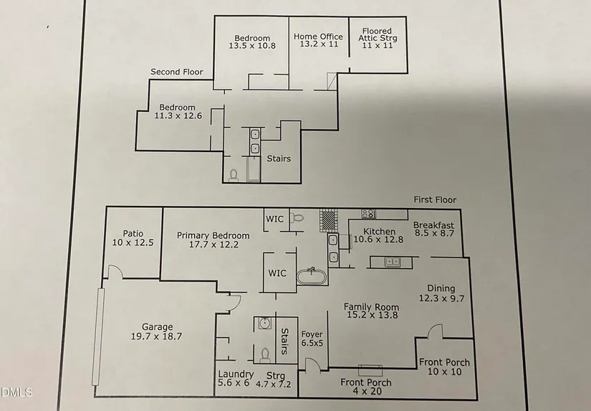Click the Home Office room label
coord(318,37)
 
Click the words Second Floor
coord(177,72)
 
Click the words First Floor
coord(435,200)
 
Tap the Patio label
coord(133,233)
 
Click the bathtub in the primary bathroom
coord(312,276)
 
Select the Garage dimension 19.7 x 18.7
coord(157,336)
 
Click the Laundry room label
coord(236,374)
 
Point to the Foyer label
coord(312,334)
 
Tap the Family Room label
coord(370,307)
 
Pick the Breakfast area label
coord(433,225)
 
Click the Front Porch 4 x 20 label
coord(365,382)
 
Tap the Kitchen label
coord(379,232)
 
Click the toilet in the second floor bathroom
coord(233,174)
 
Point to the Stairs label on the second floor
coord(279,159)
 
